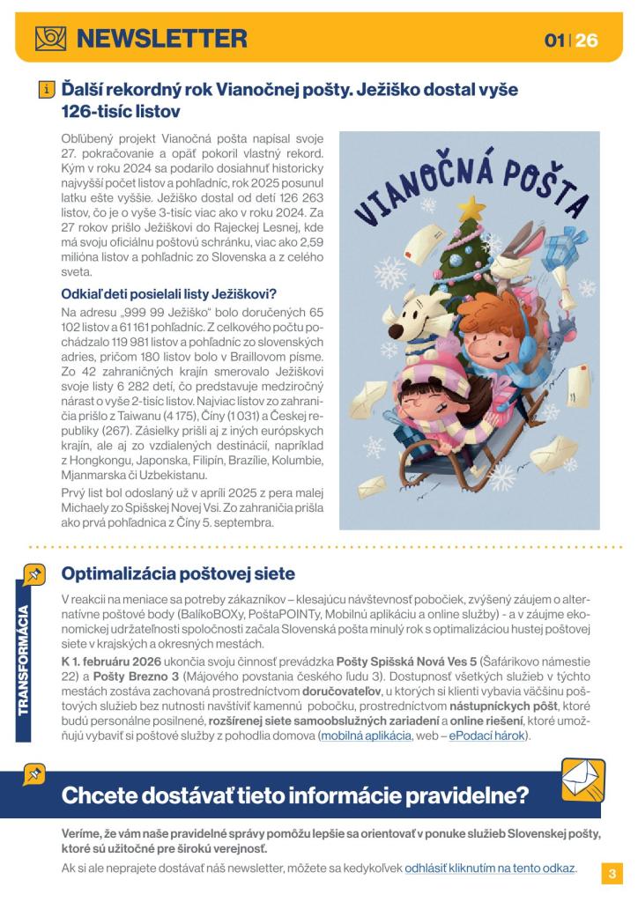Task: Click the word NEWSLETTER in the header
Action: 162,38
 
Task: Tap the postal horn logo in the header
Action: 50,38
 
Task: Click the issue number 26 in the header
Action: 586,41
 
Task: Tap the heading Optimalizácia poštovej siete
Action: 177,573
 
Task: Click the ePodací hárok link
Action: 486,736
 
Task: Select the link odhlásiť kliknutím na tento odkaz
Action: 490,868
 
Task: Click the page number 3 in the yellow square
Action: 612,874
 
